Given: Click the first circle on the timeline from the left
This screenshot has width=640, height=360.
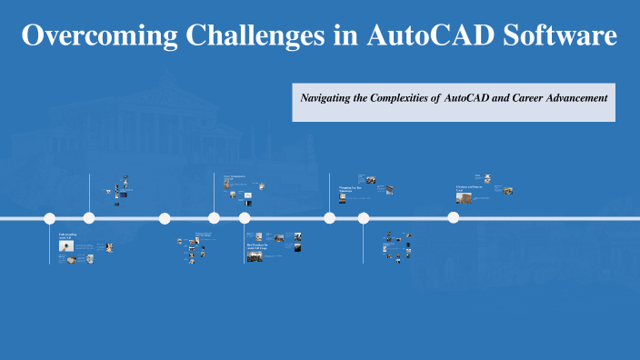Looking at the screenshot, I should coord(50,218).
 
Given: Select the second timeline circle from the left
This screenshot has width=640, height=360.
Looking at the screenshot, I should coord(89,218).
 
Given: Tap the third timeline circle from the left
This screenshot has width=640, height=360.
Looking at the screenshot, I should coord(165,218).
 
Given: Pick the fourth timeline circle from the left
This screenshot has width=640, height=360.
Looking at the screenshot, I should coord(214,218).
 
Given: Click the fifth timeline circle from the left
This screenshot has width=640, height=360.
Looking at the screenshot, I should coord(245,218).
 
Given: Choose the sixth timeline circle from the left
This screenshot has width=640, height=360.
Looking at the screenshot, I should coord(330,218).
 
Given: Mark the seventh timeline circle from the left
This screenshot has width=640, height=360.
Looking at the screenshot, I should coord(364,218).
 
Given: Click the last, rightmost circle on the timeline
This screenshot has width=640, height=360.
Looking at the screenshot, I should coord(453,218).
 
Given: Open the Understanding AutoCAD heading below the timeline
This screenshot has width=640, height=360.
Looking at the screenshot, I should coord(68,235).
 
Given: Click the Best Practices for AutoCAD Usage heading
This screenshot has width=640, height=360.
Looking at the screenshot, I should coord(258,246).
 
